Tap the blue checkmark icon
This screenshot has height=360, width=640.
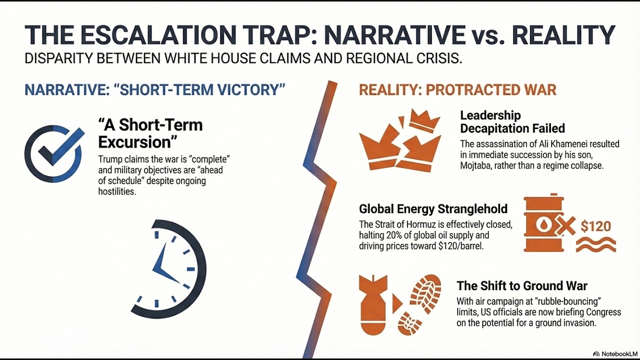coord(53,153)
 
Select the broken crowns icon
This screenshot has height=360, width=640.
coord(400,140)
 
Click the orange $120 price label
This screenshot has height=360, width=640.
coord(595,226)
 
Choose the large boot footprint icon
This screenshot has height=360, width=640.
coord(425,294)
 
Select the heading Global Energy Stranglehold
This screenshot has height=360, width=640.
coord(433,209)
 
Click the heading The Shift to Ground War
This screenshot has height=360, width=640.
coord(522,286)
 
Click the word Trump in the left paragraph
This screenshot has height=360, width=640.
coord(109,159)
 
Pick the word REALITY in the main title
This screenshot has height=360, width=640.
coord(563,35)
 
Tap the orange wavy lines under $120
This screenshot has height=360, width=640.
coord(595,245)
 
